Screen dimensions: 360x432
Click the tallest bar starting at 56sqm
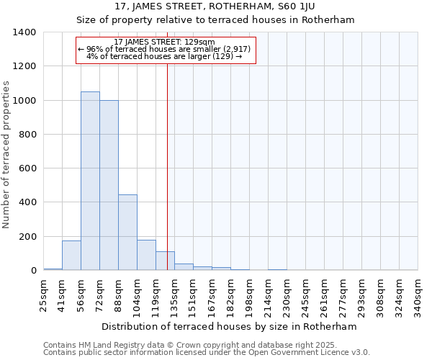[x=90, y=181]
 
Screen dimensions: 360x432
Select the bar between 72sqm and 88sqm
[x=109, y=185]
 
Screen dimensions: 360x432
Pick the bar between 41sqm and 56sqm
[x=71, y=256]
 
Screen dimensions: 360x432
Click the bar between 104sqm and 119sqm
[x=146, y=255]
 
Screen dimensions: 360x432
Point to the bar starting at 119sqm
[x=165, y=261]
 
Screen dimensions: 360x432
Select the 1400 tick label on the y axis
[x=24, y=32]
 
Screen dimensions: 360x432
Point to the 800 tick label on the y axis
[x=27, y=135]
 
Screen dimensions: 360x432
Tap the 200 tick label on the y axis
[x=27, y=237]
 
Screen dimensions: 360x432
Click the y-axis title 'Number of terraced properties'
[x=6, y=154]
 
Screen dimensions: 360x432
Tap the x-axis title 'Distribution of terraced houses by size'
[x=230, y=326]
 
